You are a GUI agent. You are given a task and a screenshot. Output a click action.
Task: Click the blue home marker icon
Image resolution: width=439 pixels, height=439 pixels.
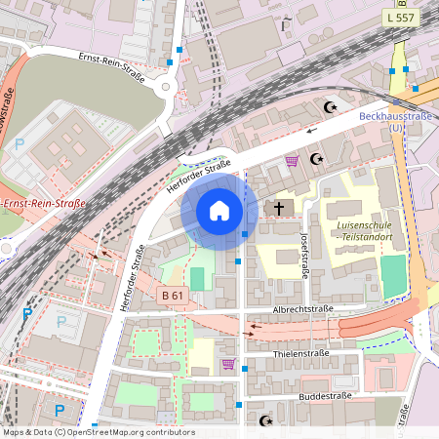tap(219, 211)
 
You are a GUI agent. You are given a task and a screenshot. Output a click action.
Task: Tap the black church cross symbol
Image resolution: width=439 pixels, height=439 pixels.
tap(279, 208)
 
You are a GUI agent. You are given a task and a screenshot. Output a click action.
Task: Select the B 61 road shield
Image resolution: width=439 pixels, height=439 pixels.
tap(171, 294)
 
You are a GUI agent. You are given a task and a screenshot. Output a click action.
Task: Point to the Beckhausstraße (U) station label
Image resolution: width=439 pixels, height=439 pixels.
tap(395, 121)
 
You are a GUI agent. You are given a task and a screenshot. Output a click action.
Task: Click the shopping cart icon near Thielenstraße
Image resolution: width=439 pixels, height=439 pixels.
tap(228, 364)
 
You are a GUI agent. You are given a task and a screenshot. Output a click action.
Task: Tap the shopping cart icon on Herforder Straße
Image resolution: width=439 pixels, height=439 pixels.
tap(291, 161)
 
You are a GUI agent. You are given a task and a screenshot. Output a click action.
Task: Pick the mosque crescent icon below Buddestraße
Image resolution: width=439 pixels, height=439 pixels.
tap(264, 421)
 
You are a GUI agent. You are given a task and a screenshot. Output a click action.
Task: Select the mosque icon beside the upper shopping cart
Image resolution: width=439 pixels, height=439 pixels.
tap(315, 158)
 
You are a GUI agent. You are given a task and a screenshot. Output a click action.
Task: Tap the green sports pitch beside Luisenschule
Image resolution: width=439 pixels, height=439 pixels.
tap(392, 276)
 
